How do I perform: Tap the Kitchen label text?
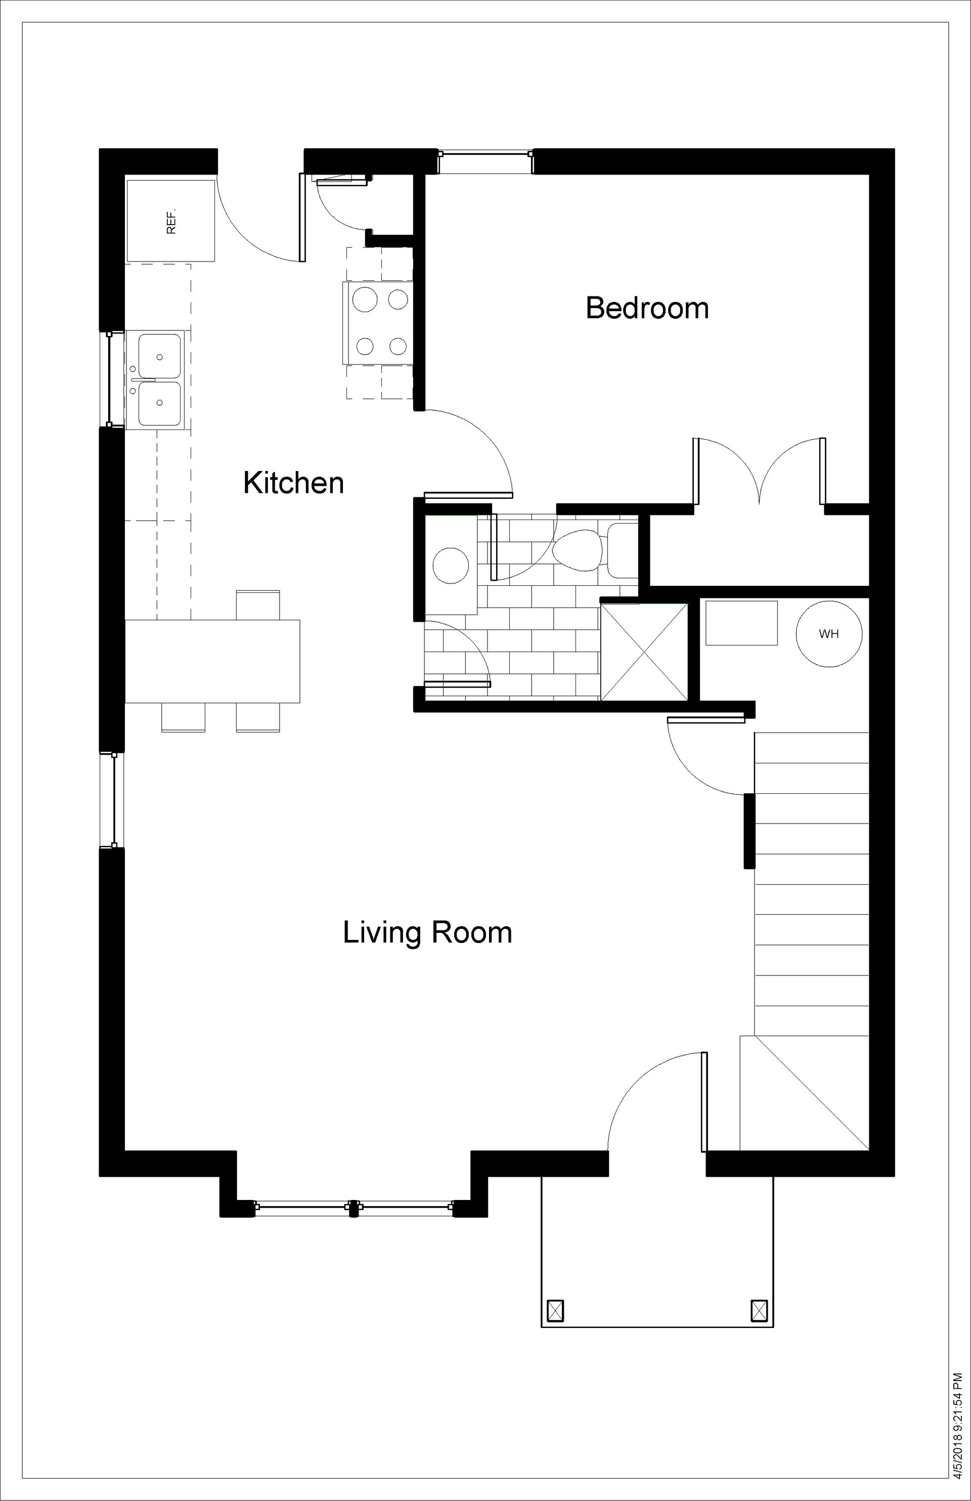[x=294, y=483]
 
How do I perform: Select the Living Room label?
[x=427, y=932]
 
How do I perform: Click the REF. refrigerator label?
[x=171, y=222]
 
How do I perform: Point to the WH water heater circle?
[x=828, y=633]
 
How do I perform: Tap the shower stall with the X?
[x=644, y=652]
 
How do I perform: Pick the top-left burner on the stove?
[x=365, y=299]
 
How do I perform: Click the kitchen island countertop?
[x=212, y=661]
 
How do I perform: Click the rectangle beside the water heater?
[x=741, y=622]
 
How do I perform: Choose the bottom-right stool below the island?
[x=258, y=717]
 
